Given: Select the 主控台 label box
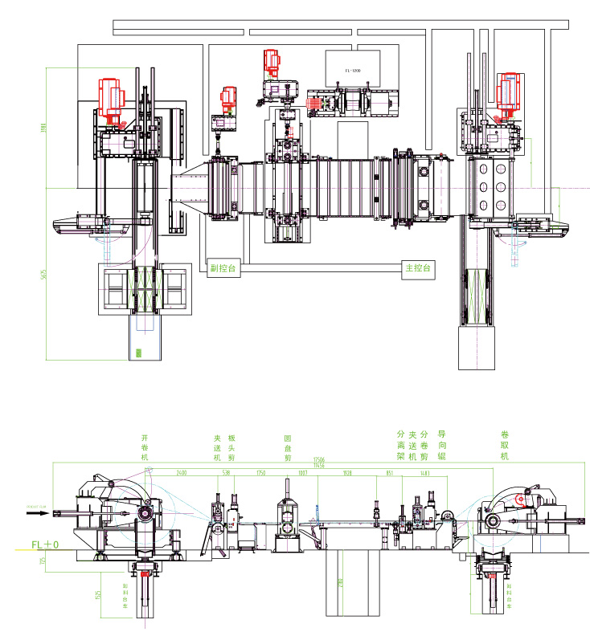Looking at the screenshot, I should pos(417,270).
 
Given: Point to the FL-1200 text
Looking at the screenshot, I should pos(353,71).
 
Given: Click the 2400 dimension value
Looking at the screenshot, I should pos(182,474).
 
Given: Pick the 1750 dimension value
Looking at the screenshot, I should pos(260,474).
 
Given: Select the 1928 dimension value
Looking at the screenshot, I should pos(347,474).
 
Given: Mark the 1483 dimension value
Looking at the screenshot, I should pos(424,474).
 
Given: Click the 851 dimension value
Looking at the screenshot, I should pos(390,474).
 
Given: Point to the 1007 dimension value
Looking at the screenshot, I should pos(303,474).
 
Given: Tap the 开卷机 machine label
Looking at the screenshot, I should pos(145,446).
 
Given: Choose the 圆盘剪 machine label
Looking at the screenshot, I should pos(288,447).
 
